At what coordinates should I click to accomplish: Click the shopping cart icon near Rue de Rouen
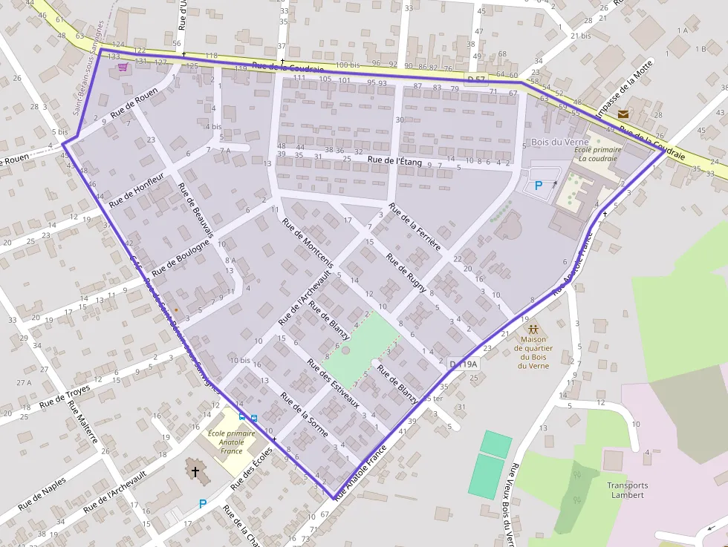(x=123, y=67)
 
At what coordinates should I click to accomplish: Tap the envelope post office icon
(x=623, y=114)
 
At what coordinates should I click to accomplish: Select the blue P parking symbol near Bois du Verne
(x=539, y=186)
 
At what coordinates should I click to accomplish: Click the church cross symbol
(x=195, y=471)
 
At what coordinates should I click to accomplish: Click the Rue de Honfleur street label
(x=136, y=193)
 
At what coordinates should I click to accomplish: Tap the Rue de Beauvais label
(x=196, y=210)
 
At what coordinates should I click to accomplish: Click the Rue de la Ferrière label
(x=415, y=226)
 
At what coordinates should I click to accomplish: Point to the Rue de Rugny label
(x=406, y=272)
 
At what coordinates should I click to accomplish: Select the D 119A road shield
(x=463, y=364)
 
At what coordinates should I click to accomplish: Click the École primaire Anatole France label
(x=226, y=442)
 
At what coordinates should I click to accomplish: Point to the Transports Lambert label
(x=627, y=490)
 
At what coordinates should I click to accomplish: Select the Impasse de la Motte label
(x=625, y=89)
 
